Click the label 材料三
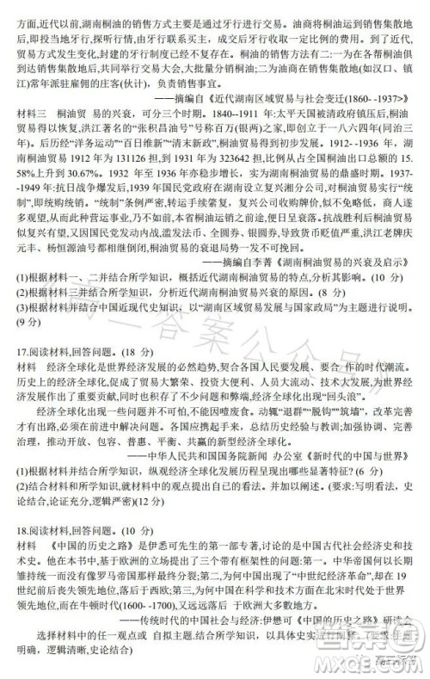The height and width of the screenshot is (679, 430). tap(21, 114)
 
